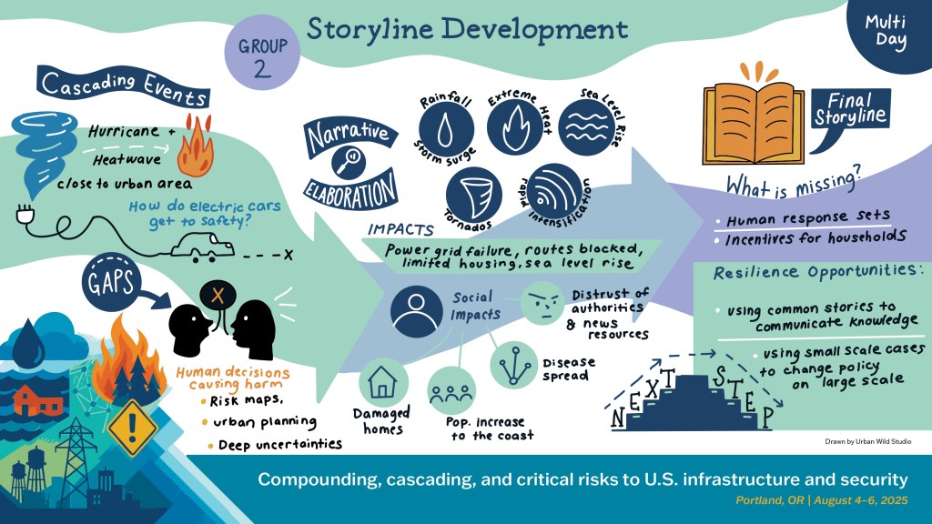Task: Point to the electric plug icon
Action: pos(24,217)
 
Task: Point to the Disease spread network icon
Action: pos(515,364)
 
